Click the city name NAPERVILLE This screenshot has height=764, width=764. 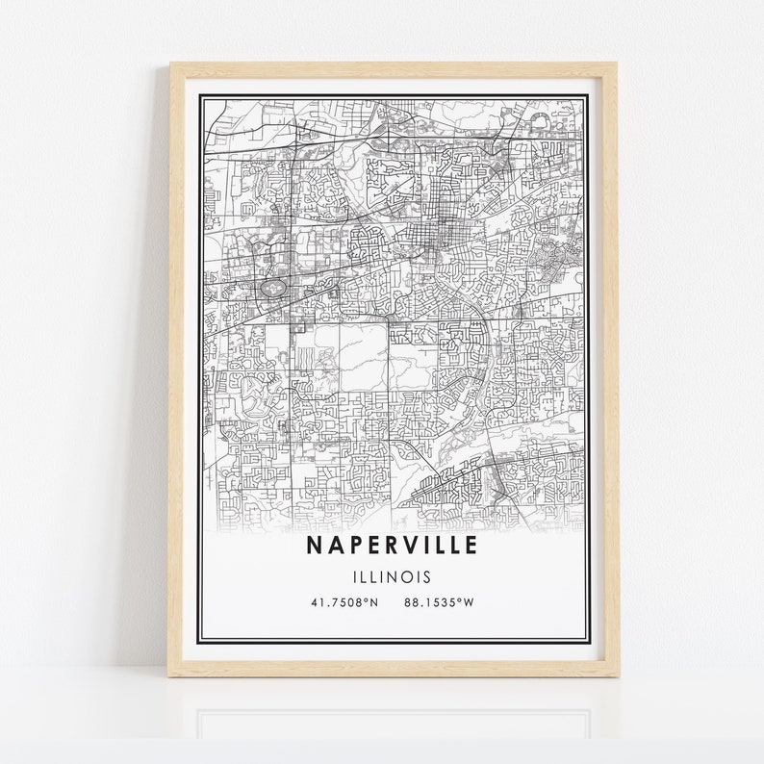(392, 546)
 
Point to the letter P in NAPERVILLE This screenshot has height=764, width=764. (352, 546)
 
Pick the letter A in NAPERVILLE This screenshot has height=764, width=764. (334, 546)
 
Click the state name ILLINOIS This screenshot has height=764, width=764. (392, 577)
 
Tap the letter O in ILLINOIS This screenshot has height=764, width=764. (410, 577)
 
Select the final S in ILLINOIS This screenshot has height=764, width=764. (428, 577)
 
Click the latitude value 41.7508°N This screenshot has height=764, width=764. (344, 603)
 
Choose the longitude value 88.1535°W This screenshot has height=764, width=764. (440, 603)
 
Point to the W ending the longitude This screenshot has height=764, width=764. (471, 603)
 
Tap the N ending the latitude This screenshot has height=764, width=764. (374, 603)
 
